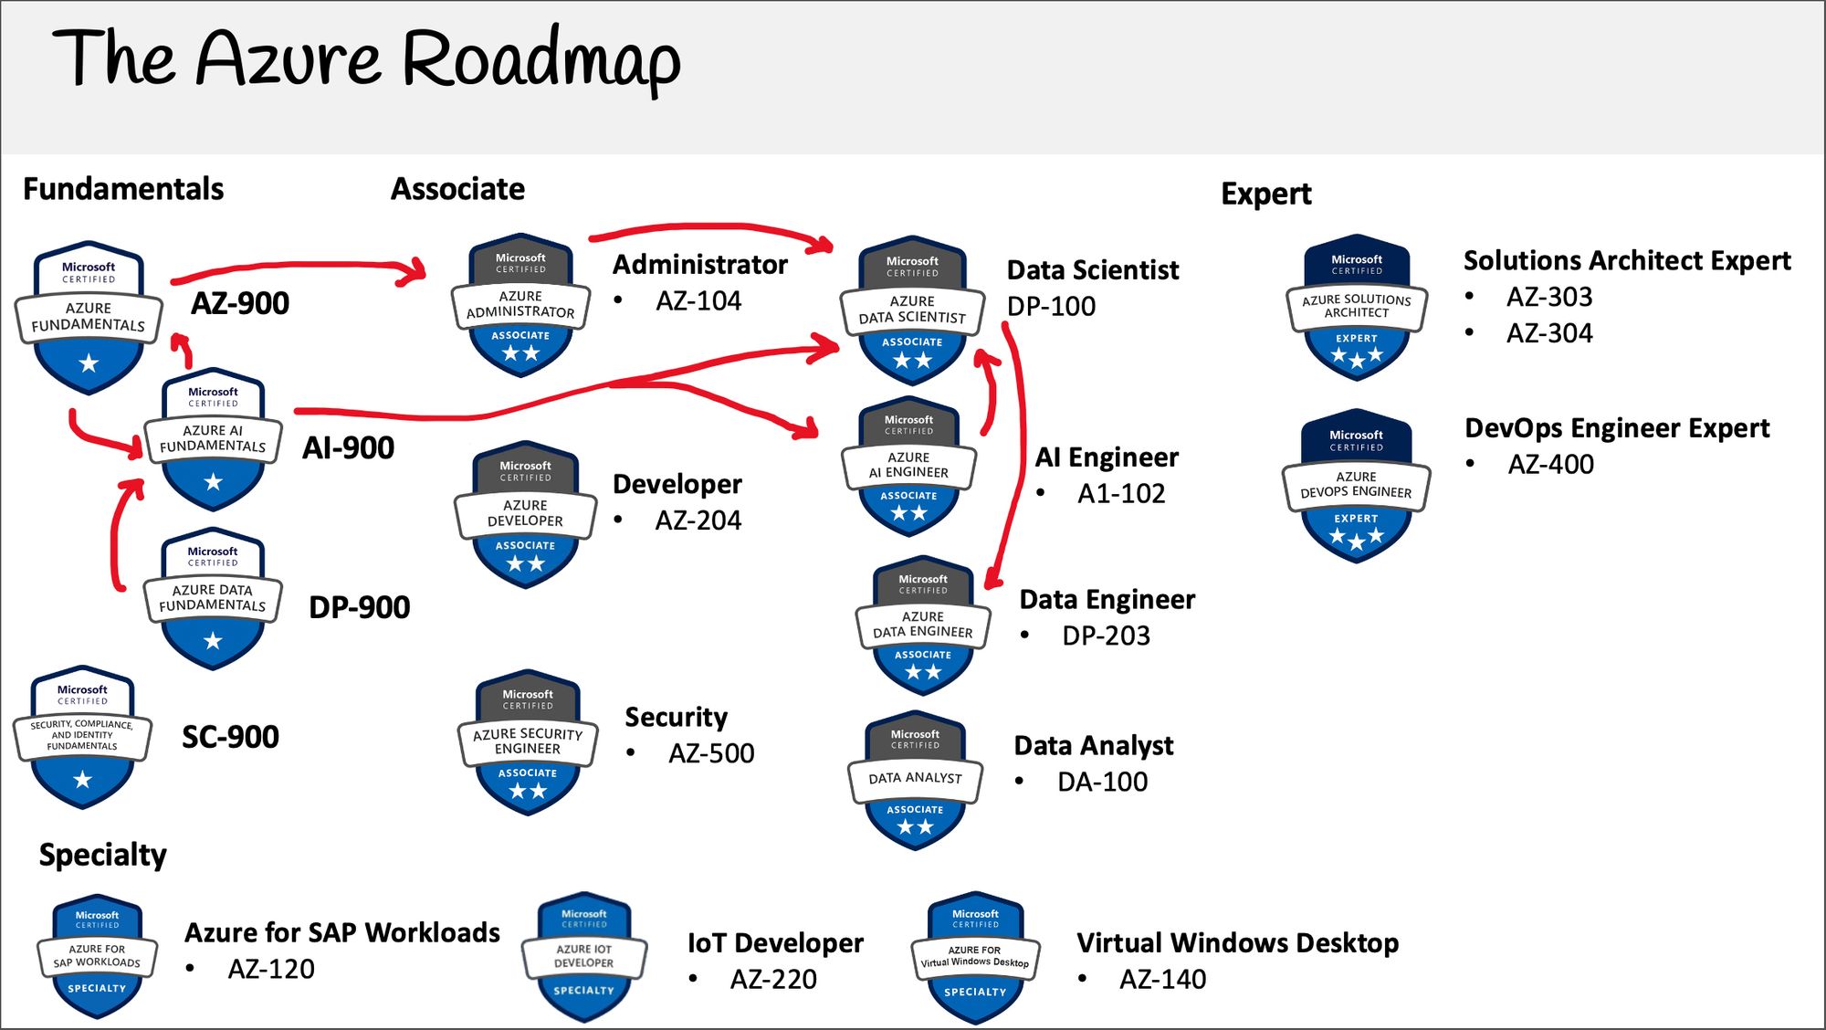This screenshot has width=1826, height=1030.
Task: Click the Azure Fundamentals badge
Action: pyautogui.click(x=89, y=318)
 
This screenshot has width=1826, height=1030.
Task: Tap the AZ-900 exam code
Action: pyautogui.click(x=240, y=303)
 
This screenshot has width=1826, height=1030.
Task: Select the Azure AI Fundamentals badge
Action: pyautogui.click(x=213, y=439)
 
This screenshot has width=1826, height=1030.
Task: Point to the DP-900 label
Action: pyautogui.click(x=360, y=607)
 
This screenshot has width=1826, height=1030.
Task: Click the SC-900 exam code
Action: pyautogui.click(x=230, y=737)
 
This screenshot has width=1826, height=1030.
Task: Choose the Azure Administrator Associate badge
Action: pyautogui.click(x=520, y=305)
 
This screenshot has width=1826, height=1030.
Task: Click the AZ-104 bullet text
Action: pyautogui.click(x=698, y=300)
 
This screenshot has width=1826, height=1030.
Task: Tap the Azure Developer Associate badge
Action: pyautogui.click(x=525, y=515)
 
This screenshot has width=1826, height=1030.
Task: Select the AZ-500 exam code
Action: pyautogui.click(x=711, y=753)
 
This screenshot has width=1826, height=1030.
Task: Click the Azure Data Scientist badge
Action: pyautogui.click(x=912, y=310)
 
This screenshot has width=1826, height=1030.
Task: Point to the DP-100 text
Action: pyautogui.click(x=1051, y=306)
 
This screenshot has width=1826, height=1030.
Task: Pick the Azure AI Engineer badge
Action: pyautogui.click(x=908, y=467)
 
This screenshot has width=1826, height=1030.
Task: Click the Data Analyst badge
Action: pyautogui.click(x=915, y=781)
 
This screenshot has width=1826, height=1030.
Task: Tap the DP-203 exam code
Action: pyautogui.click(x=1106, y=636)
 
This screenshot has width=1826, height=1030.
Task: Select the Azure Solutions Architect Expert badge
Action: pyautogui.click(x=1357, y=307)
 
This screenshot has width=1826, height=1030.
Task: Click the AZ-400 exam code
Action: pyautogui.click(x=1550, y=464)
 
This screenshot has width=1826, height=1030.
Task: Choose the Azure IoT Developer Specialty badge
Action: pyautogui.click(x=584, y=957)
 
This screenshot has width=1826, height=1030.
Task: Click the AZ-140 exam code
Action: pyautogui.click(x=1162, y=979)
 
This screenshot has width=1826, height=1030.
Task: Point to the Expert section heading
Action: pyautogui.click(x=1265, y=194)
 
